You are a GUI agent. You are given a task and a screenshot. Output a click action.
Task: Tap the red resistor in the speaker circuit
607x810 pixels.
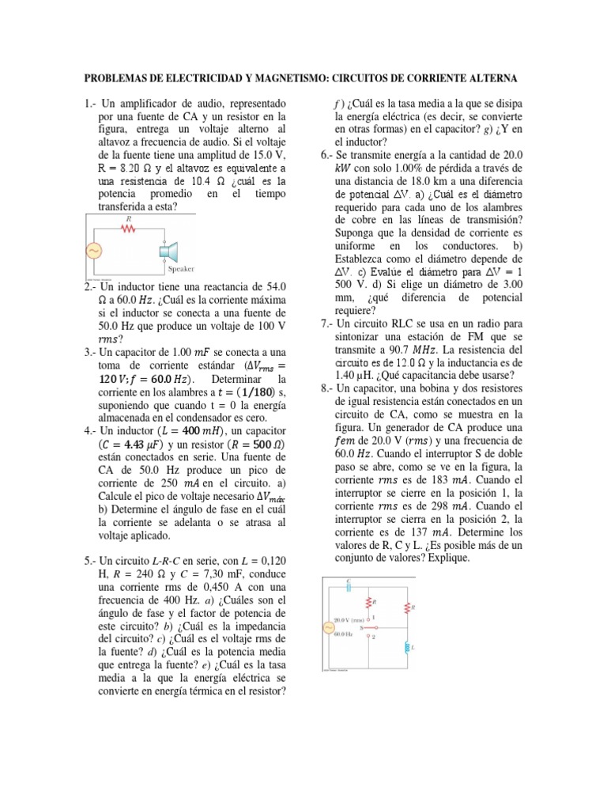(129, 228)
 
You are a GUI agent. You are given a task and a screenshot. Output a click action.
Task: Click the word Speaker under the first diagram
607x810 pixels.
(180, 269)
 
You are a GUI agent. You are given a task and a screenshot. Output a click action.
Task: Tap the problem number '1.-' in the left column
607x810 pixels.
(89, 104)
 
